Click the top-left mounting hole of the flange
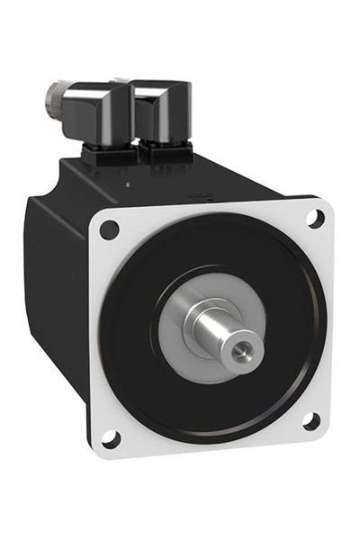click(x=109, y=229)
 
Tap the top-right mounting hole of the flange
click(x=316, y=217)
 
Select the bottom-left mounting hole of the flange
click(x=111, y=438)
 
